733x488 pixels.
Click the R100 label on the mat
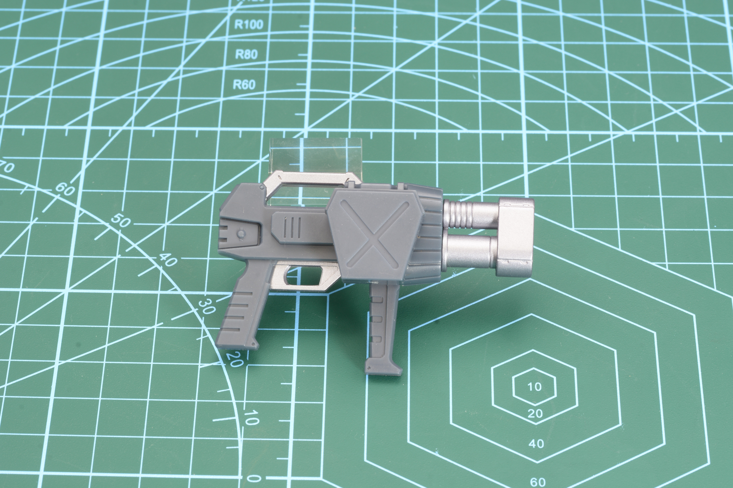point(249,25)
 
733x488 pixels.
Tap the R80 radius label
point(246,54)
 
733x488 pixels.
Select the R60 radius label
point(244,84)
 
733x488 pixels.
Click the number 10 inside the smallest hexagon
point(534,387)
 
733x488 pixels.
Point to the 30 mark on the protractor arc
point(207,306)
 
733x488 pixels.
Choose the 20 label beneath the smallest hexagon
point(536,414)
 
